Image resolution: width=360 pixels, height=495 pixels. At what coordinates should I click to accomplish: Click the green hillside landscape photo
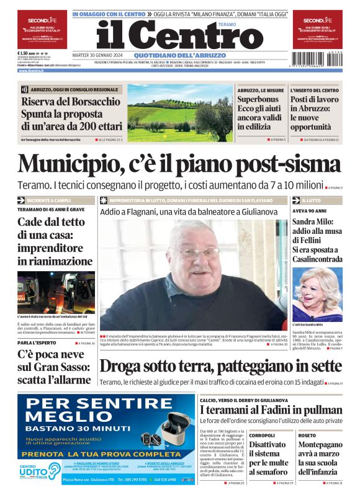(179, 113)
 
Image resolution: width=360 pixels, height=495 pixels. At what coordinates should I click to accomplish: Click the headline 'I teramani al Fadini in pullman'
(271, 411)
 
